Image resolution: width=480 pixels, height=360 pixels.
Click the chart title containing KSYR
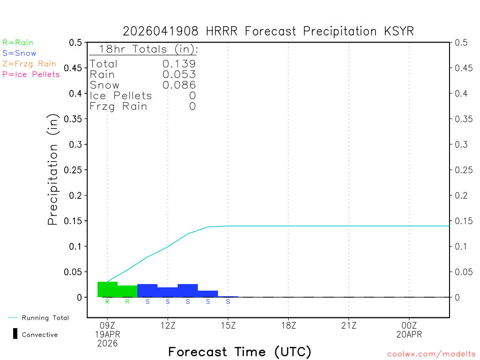(268, 31)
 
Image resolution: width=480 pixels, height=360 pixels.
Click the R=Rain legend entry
(18, 43)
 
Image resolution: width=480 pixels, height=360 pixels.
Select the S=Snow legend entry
(19, 53)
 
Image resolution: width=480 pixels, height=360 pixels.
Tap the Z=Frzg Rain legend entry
(29, 64)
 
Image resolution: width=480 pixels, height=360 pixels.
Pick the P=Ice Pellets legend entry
(31, 74)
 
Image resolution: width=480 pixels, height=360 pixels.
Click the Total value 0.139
(179, 64)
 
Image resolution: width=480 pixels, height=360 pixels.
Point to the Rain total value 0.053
(179, 75)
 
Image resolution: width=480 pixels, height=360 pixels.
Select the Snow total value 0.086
(179, 85)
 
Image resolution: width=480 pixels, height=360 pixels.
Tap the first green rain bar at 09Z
(107, 289)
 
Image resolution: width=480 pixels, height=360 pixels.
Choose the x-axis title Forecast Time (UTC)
(240, 352)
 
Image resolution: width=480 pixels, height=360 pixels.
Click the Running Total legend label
(45, 318)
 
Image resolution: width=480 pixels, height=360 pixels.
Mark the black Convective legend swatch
(15, 334)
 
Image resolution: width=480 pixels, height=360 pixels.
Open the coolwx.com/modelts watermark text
(431, 354)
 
